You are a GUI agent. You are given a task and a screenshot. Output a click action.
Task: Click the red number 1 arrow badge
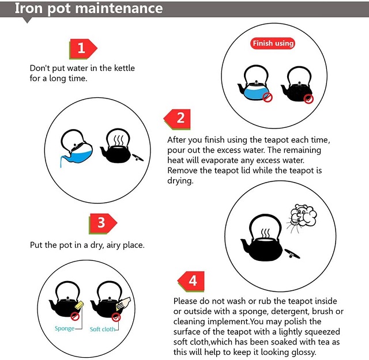83,49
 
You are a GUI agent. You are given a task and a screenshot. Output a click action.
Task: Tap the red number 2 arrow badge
177,119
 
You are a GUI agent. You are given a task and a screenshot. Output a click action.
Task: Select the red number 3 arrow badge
103,223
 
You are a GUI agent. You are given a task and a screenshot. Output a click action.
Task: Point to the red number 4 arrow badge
191,282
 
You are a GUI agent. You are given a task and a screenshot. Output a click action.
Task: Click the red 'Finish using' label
273,44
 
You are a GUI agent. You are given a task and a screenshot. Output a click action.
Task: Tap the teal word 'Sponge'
65,328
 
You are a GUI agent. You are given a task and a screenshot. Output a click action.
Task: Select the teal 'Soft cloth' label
103,329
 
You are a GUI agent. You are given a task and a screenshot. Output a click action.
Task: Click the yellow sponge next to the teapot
79,305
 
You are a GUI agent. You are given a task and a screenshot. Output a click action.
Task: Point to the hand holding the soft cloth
123,304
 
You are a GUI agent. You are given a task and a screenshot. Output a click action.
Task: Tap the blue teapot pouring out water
76,147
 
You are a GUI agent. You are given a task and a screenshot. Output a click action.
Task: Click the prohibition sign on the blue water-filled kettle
268,97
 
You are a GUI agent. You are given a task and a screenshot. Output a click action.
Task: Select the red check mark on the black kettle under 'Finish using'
308,98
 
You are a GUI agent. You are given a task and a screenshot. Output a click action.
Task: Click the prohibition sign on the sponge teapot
75,316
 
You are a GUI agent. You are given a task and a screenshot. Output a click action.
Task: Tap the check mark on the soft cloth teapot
116,317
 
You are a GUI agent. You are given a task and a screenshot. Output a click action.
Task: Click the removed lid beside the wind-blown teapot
292,253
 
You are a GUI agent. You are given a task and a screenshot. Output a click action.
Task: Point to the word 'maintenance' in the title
119,8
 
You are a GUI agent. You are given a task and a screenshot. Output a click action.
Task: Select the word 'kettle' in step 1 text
125,68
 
